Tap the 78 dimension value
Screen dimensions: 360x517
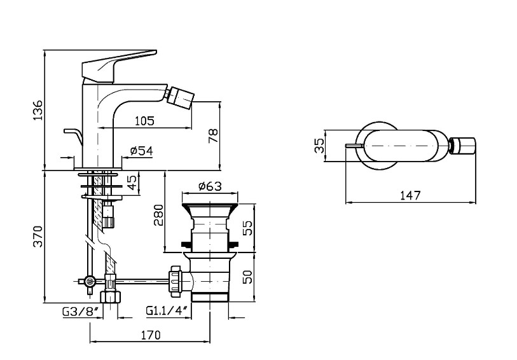213,134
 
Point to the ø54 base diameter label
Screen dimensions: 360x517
141,151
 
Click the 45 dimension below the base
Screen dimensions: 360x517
132,183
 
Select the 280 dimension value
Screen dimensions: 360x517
160,214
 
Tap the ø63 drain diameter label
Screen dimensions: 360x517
209,186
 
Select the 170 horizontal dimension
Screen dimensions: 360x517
150,335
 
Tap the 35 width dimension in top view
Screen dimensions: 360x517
320,146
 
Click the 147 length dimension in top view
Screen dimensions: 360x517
410,195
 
